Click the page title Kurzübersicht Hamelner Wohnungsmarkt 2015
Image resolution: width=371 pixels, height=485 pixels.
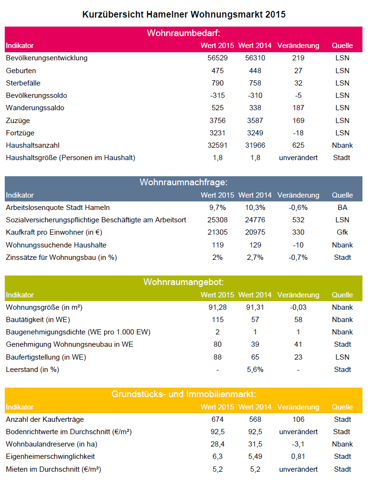184,15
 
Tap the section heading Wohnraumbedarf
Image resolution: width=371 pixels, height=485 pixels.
183,33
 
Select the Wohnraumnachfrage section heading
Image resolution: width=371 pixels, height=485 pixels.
183,182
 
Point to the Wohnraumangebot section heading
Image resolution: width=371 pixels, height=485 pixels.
183,282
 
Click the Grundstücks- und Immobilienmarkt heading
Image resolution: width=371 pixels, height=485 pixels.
183,394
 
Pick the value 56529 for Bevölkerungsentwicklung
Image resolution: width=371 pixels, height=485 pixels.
217,58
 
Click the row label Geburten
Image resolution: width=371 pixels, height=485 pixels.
21,71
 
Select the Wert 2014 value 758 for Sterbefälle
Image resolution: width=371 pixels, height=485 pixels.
255,83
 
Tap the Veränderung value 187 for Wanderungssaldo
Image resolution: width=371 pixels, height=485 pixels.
298,108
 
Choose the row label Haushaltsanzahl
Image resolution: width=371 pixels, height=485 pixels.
32,145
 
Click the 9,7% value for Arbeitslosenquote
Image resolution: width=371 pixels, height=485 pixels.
217,208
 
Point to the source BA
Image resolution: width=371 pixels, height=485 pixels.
342,208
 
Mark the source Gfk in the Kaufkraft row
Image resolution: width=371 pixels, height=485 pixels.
342,232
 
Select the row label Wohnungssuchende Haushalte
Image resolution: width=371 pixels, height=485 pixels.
56,245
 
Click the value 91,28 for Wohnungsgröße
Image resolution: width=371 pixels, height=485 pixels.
217,307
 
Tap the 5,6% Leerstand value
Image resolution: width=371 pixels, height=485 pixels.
255,370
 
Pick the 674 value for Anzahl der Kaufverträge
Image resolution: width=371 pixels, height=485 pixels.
217,419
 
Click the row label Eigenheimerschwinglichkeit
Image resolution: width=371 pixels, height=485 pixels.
50,456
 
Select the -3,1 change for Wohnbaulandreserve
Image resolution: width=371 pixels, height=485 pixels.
298,444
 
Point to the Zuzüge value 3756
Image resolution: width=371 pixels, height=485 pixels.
217,121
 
